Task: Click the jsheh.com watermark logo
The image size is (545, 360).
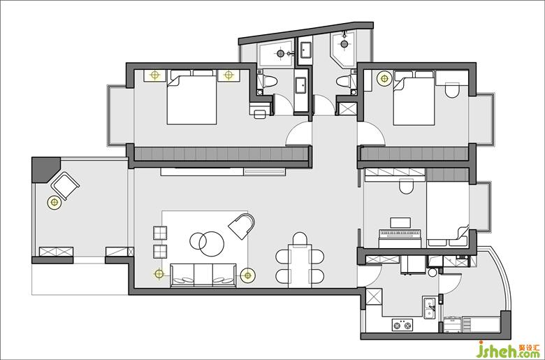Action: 509,350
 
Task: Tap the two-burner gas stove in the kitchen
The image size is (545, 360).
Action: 402,325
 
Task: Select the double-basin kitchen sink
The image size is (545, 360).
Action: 430,308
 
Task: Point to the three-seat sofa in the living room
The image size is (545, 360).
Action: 203,275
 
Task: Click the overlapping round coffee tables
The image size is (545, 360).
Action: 207,243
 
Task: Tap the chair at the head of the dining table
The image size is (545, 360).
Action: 300,239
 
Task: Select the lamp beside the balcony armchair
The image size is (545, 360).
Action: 54,202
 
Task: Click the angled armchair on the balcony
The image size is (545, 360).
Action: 65,186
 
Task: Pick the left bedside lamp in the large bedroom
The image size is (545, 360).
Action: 154,75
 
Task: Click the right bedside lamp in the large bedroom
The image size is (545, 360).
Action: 228,75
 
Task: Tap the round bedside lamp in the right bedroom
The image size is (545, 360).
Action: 384,78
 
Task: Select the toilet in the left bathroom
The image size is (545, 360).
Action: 270,82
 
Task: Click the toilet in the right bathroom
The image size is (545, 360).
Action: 343,82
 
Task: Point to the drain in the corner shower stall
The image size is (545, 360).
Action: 344,44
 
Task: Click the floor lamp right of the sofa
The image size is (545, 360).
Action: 247,275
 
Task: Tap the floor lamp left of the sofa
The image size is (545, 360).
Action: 159,274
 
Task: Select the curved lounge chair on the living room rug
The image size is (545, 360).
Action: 241,226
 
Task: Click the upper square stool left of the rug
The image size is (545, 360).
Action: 160,233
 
